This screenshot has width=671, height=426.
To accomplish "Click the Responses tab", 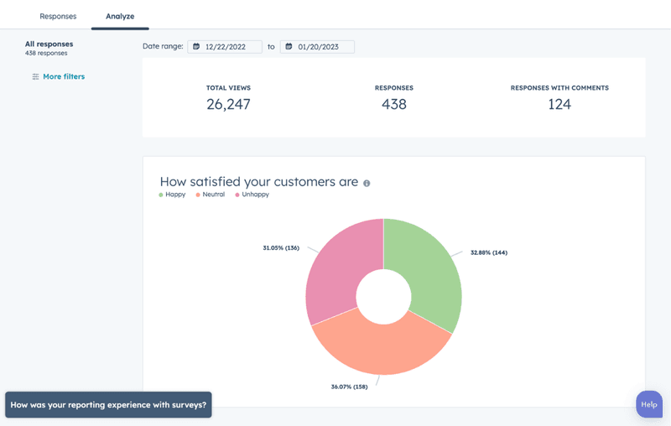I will (58, 16).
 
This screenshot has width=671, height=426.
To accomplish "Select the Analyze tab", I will (120, 16).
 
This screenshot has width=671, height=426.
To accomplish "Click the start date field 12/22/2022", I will (225, 47).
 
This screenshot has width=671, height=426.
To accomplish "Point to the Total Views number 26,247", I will (228, 105).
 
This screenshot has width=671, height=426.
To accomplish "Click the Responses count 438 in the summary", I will (393, 105).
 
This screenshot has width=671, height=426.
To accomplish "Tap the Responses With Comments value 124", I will (559, 105).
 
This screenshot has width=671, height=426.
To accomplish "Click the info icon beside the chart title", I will (367, 183).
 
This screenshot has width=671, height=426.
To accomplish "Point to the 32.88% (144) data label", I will (489, 252).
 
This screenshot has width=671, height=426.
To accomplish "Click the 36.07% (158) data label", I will (349, 387).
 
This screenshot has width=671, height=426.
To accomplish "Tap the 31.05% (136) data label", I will (281, 247).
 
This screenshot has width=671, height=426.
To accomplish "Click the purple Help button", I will (649, 404).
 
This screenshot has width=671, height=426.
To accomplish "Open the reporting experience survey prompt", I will (108, 404).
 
